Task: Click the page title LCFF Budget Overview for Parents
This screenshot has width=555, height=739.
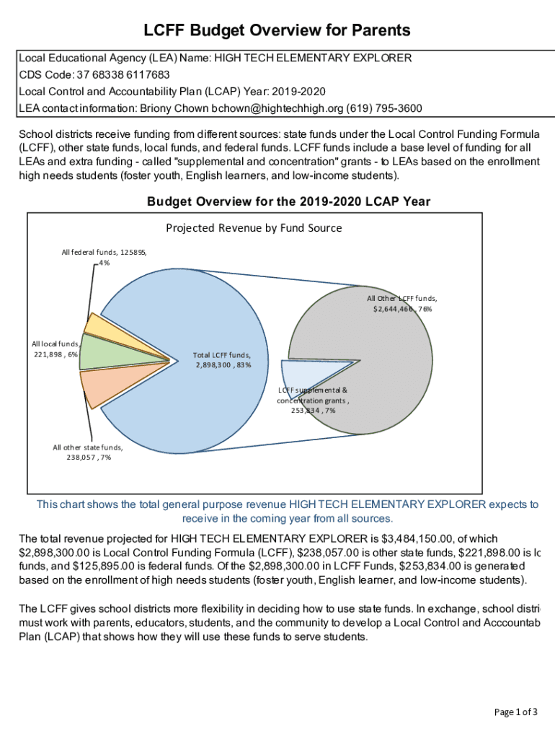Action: pos(277,30)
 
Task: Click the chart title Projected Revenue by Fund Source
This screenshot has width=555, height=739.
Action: pos(254,228)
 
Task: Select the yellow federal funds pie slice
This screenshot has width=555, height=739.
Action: pos(98,325)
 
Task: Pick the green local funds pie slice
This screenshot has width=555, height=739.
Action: pos(98,351)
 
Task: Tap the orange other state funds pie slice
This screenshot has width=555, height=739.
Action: pos(97,387)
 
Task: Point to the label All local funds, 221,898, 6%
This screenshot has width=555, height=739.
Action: pos(55,349)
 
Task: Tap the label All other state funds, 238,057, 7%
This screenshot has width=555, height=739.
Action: pos(87,452)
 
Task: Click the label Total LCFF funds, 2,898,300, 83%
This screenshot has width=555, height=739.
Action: pos(223,359)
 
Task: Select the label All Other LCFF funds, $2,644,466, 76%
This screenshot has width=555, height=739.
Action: pos(401,303)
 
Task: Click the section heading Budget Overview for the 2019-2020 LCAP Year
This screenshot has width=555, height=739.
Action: pos(288,202)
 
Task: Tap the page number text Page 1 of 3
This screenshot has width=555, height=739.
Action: pos(515,712)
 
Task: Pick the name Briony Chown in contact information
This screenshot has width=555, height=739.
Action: pos(174,108)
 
